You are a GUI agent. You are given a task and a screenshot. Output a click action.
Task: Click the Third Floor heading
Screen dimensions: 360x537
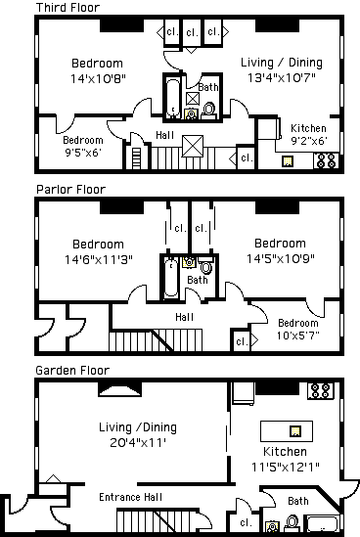click(67, 7)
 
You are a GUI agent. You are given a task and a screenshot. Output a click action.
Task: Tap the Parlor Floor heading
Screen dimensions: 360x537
click(70, 190)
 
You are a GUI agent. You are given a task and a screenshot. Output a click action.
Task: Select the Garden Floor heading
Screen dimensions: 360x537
click(72, 370)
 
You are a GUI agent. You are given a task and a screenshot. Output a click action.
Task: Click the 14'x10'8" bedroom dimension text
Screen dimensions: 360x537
click(98, 79)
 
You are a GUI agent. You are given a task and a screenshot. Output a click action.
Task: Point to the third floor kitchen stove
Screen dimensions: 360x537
click(326, 160)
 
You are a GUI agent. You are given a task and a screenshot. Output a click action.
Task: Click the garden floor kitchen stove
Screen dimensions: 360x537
click(321, 390)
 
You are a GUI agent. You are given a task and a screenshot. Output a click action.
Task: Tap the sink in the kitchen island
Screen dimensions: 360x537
click(295, 430)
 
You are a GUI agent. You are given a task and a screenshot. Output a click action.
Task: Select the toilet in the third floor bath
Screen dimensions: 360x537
click(208, 111)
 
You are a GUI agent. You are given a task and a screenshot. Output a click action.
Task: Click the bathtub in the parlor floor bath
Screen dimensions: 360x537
click(170, 278)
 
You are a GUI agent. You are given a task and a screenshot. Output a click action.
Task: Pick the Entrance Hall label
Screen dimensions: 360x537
click(130, 497)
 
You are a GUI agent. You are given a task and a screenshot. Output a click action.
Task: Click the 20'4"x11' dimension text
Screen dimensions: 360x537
click(138, 443)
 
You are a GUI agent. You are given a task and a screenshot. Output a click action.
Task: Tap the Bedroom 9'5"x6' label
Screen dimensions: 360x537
click(83, 147)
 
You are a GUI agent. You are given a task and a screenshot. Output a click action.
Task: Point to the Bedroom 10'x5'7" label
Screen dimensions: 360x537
click(298, 329)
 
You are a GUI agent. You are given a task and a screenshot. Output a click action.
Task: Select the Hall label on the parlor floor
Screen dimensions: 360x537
click(184, 317)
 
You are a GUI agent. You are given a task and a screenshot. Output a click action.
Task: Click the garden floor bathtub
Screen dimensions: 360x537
click(322, 523)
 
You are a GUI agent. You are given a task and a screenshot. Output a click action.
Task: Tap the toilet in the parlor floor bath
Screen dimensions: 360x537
click(205, 266)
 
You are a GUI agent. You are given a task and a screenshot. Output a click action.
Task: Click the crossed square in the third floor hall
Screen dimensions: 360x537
click(192, 147)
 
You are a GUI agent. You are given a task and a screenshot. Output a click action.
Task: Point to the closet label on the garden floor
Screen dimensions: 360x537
click(246, 522)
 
